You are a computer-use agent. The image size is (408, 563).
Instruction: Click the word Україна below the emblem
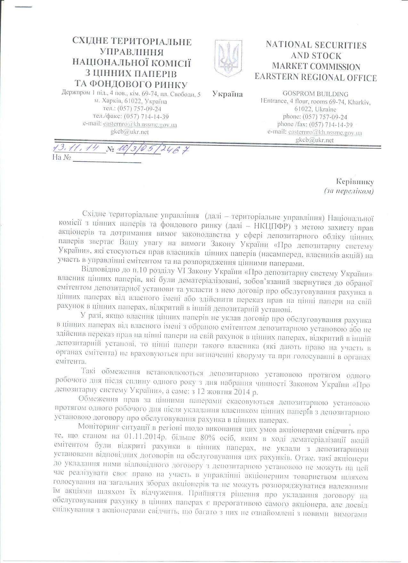227,94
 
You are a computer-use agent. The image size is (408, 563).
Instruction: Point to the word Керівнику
355,182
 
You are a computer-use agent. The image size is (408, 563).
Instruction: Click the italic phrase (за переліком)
349,191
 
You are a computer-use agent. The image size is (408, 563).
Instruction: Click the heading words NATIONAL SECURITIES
316,45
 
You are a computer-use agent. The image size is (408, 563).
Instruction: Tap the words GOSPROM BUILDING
315,94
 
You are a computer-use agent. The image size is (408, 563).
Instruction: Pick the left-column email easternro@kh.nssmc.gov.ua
139,124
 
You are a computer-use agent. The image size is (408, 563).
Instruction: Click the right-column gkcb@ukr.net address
315,140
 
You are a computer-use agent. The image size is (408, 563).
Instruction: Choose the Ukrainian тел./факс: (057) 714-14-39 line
131,116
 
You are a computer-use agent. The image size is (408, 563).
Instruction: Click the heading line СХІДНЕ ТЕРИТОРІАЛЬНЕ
132,41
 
